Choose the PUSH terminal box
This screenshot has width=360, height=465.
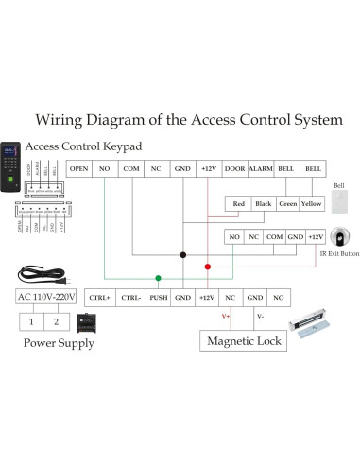pyautogui.click(x=158, y=297)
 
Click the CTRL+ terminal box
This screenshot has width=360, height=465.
pyautogui.click(x=99, y=297)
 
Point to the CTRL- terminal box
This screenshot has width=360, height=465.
pyautogui.click(x=130, y=297)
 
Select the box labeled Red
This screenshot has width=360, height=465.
pyautogui.click(x=239, y=203)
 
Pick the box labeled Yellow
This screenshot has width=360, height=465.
pyautogui.click(x=312, y=203)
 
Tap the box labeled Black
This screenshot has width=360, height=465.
pyautogui.click(x=264, y=203)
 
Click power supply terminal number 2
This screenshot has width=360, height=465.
pyautogui.click(x=56, y=321)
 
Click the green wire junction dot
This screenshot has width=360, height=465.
pyautogui.click(x=158, y=278)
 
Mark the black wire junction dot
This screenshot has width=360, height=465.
pyautogui.click(x=183, y=255)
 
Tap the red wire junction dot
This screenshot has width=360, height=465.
pyautogui.click(x=208, y=266)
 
